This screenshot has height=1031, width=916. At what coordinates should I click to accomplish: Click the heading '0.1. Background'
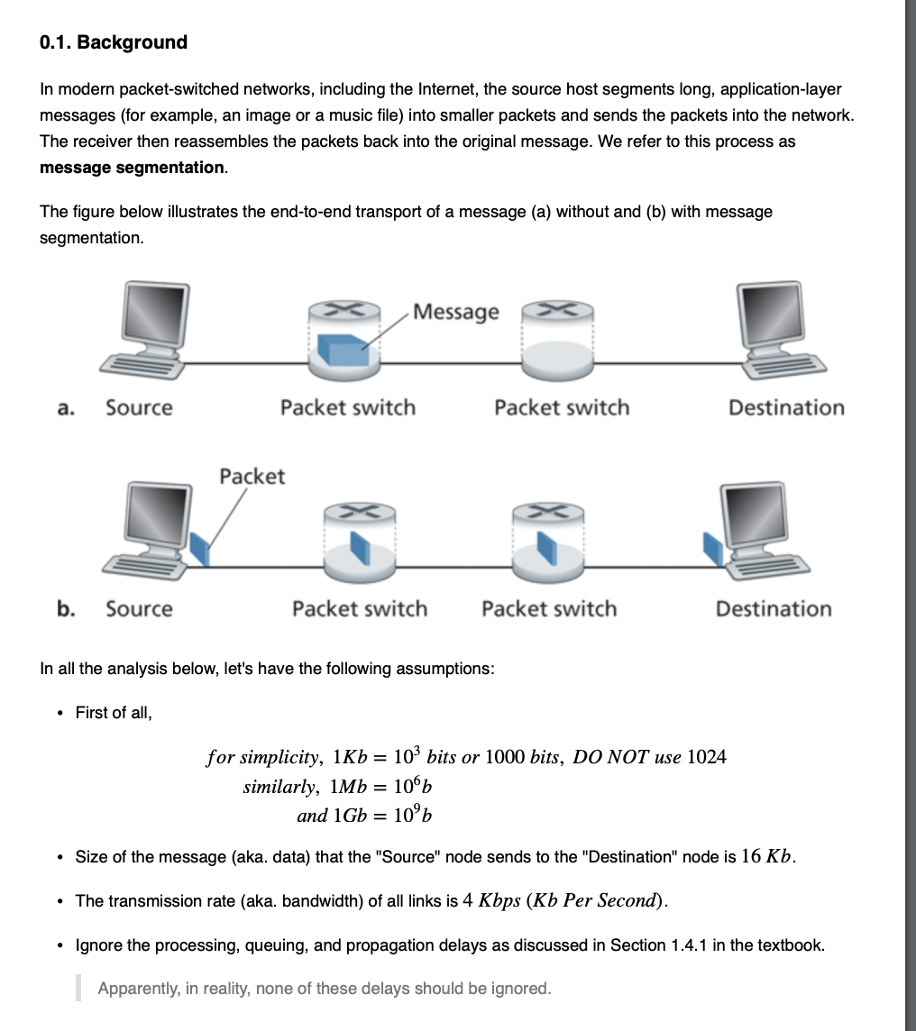click(x=114, y=42)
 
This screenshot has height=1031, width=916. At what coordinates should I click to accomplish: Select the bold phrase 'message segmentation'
click(x=132, y=168)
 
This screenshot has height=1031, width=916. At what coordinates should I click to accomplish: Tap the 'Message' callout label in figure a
click(x=455, y=312)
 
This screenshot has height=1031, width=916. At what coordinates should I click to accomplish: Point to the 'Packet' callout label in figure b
click(x=252, y=476)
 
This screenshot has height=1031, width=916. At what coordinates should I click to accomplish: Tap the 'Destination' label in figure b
click(x=774, y=609)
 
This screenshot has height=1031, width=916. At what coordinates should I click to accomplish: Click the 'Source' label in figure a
click(x=139, y=408)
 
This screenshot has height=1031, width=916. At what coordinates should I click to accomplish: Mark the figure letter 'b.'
click(x=66, y=609)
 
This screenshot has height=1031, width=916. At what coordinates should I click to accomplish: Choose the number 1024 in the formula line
click(x=706, y=757)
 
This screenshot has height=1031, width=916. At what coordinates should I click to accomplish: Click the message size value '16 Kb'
click(x=767, y=856)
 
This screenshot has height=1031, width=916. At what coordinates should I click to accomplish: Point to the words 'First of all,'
click(x=114, y=713)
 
